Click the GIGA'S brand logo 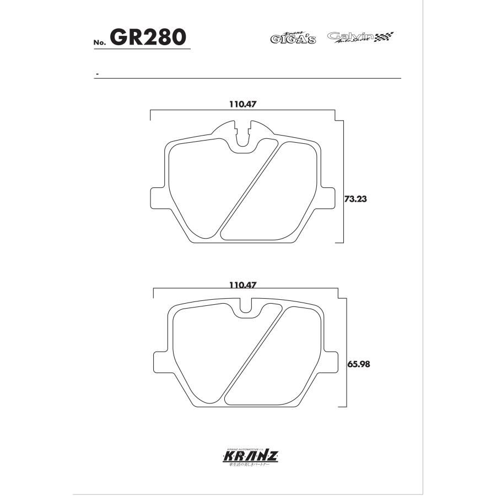[x=293, y=38]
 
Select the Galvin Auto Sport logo [x=351, y=37]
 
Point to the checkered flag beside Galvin [x=384, y=37]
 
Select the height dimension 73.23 [x=355, y=199]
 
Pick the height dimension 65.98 [x=358, y=364]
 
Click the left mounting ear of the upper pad [x=158, y=198]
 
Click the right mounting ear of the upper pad [x=329, y=198]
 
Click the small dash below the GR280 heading [x=97, y=73]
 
